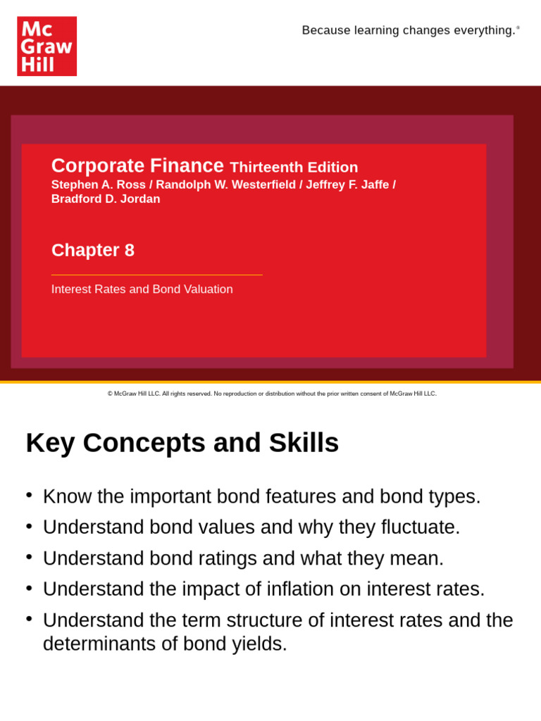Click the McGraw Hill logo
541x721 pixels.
[x=46, y=46]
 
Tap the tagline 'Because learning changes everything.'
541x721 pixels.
[x=409, y=30]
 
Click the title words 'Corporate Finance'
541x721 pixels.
[x=137, y=165]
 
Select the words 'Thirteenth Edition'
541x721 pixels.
[x=294, y=168]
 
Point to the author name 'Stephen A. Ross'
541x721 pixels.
[x=98, y=184]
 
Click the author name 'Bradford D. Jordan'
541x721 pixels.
[x=106, y=199]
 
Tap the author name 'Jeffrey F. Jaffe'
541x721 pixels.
[x=347, y=184]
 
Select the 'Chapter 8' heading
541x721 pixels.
[x=93, y=250]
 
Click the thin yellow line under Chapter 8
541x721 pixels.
[x=156, y=275]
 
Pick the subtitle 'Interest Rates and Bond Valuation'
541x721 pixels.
[x=142, y=289]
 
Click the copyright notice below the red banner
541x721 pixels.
[x=272, y=394]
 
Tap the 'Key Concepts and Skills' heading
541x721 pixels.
[x=182, y=443]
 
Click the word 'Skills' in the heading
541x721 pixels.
[x=304, y=443]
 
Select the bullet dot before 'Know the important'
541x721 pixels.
[x=29, y=495]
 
